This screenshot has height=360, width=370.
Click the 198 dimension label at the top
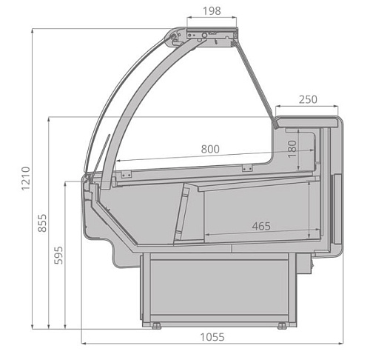(x=212, y=11)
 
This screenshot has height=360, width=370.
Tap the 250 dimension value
(x=308, y=99)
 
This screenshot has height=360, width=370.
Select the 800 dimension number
(x=210, y=149)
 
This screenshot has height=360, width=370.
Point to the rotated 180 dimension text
(x=292, y=149)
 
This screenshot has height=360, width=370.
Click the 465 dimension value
(x=261, y=226)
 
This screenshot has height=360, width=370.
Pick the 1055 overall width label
(x=212, y=337)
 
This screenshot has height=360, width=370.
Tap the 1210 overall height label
(x=26, y=179)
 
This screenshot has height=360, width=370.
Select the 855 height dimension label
(x=42, y=223)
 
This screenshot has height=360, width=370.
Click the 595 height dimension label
(x=58, y=256)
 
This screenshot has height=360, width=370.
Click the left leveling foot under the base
(x=156, y=326)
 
